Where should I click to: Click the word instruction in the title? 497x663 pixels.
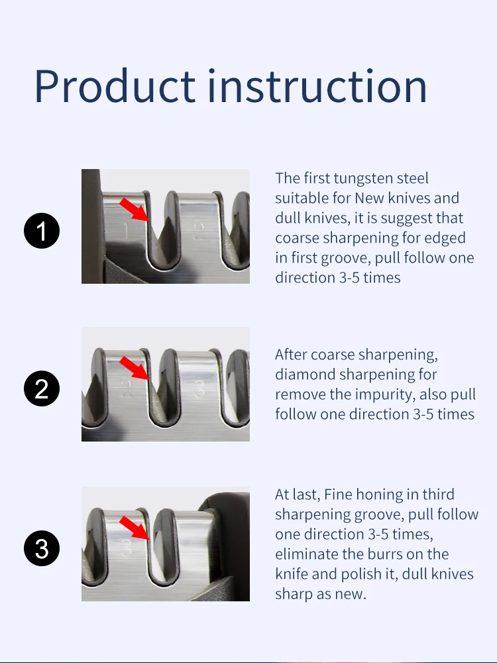point(317,86)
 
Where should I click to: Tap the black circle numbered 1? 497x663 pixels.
point(42,231)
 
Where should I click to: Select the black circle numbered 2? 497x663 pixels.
point(42,389)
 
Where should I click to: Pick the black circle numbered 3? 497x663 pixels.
point(42,548)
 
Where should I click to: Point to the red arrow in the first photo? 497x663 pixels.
point(135,208)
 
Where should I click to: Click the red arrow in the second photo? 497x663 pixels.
point(135,367)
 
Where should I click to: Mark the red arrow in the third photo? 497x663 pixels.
point(135,528)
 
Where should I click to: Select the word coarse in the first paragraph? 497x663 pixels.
point(295,238)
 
